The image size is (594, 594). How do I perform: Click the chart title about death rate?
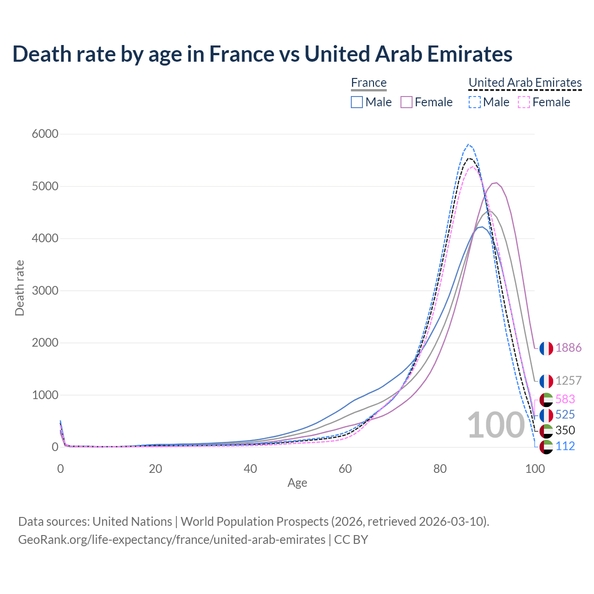(262, 54)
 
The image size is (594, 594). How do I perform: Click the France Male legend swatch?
(356, 102)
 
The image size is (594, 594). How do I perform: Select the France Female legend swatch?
(407, 102)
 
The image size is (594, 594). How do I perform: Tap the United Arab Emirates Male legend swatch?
(474, 102)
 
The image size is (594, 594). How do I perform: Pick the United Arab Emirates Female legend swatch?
(524, 102)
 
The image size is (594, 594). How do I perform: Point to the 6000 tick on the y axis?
(45, 134)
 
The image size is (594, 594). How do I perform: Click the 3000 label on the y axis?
(45, 291)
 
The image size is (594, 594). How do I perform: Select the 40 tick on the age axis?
(250, 469)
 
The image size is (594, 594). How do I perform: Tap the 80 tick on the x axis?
(440, 469)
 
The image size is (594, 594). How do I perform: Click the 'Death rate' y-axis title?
(19, 288)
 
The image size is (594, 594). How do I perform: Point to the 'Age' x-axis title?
(297, 483)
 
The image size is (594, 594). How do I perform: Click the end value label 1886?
(568, 348)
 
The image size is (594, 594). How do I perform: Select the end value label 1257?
(568, 381)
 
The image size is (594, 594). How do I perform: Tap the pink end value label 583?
(565, 399)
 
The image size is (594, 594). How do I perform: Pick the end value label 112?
(565, 446)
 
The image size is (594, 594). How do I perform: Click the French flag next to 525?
(546, 415)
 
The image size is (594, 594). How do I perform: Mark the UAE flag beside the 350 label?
(546, 431)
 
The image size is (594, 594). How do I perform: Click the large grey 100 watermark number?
(496, 425)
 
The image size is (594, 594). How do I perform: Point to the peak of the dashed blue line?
(468, 144)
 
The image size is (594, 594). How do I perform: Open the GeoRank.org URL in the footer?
(172, 540)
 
